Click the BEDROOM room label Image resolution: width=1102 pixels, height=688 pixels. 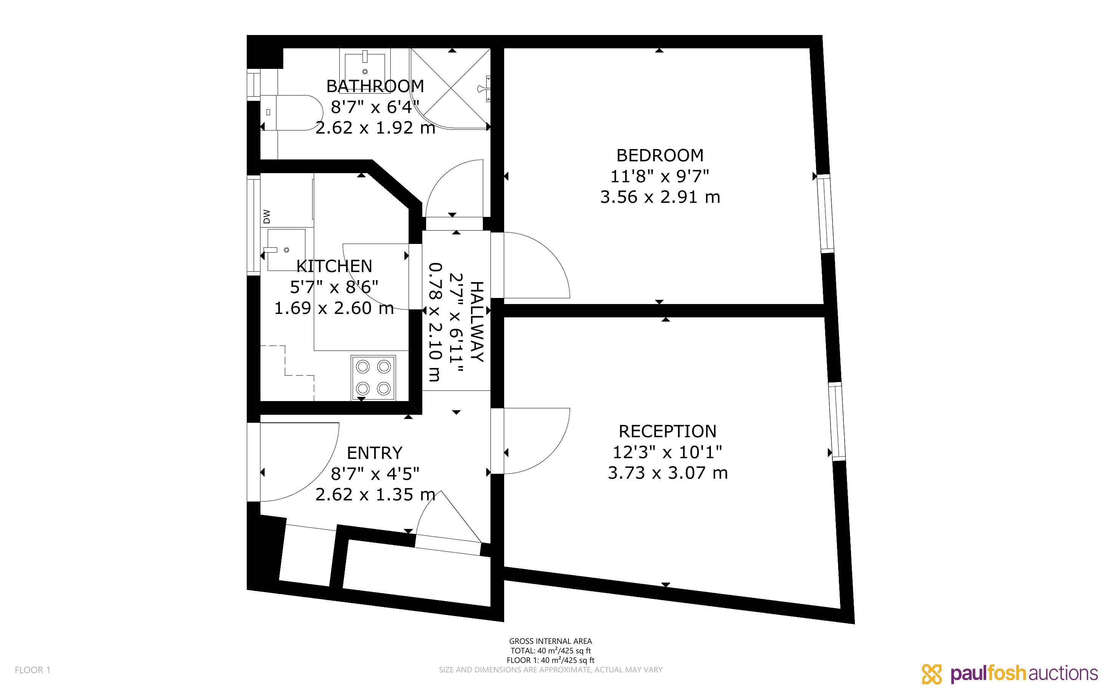tap(660, 156)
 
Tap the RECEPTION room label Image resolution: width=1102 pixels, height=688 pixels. tap(667, 432)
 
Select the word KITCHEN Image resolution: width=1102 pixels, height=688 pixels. tap(334, 266)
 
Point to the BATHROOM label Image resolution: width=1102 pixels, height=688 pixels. tap(375, 86)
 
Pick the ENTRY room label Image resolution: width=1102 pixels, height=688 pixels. tap(375, 453)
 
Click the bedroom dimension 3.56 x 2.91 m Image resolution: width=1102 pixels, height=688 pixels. tap(660, 197)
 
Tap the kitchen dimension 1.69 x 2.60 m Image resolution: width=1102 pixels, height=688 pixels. tap(334, 308)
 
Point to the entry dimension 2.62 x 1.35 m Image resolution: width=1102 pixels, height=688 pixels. tap(375, 495)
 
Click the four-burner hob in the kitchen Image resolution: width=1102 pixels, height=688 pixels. tap(373, 377)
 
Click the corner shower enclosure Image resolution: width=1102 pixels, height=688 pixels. tap(450, 89)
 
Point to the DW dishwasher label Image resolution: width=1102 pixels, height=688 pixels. tap(267, 217)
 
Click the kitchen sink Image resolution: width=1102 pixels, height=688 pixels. tap(286, 250)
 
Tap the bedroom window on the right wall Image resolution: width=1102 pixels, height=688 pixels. tap(826, 213)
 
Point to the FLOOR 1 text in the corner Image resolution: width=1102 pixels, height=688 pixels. tap(33, 670)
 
